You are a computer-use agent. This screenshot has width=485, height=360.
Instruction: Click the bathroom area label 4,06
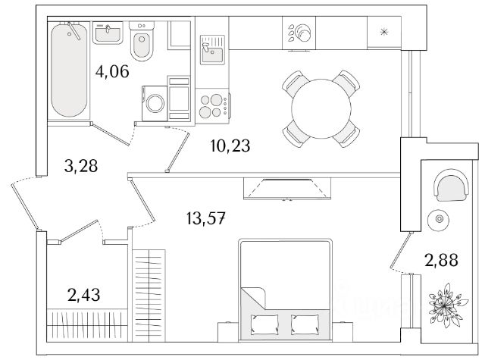[112, 72]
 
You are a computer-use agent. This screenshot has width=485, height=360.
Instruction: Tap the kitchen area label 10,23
[230, 146]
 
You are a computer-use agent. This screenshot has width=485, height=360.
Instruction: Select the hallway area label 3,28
[81, 166]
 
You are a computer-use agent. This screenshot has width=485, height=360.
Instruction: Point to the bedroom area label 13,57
[205, 219]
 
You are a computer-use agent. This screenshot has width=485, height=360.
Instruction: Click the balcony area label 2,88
[441, 260]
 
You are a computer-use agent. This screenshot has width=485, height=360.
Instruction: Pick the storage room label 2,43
[83, 295]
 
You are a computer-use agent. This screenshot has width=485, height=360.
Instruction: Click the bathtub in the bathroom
[69, 70]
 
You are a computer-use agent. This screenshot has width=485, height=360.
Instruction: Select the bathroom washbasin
[108, 33]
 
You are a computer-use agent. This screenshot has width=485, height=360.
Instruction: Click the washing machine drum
[155, 103]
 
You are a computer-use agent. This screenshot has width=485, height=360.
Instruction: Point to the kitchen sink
[212, 50]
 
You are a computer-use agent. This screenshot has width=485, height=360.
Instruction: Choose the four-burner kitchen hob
[212, 106]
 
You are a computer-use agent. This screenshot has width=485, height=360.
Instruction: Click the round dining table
[321, 109]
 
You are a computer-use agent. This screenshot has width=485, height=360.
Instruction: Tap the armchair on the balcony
[452, 185]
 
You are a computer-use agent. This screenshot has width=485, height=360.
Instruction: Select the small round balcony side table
[439, 219]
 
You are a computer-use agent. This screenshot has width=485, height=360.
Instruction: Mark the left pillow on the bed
[264, 324]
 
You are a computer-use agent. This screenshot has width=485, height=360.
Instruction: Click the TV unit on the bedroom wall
[287, 189]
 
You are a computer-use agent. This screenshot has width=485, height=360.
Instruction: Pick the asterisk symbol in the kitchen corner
[384, 32]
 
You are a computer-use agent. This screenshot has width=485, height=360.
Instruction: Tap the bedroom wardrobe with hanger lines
[149, 296]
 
